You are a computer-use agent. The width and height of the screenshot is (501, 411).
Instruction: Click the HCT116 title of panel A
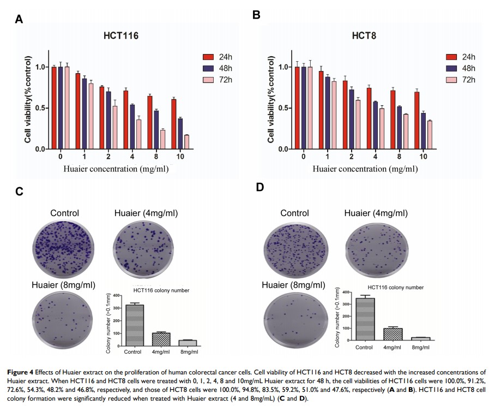pyautogui.click(x=121, y=37)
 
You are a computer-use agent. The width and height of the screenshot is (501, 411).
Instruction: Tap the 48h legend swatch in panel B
pyautogui.click(x=451, y=68)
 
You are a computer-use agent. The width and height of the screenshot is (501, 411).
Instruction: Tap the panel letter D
pyautogui.click(x=260, y=187)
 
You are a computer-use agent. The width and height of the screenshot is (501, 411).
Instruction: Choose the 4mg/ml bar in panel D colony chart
pyautogui.click(x=393, y=334)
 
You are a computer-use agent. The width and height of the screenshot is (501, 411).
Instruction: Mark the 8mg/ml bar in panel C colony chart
pyautogui.click(x=188, y=343)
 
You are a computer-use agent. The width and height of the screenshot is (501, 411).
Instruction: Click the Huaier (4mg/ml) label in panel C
pyautogui.click(x=146, y=213)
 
